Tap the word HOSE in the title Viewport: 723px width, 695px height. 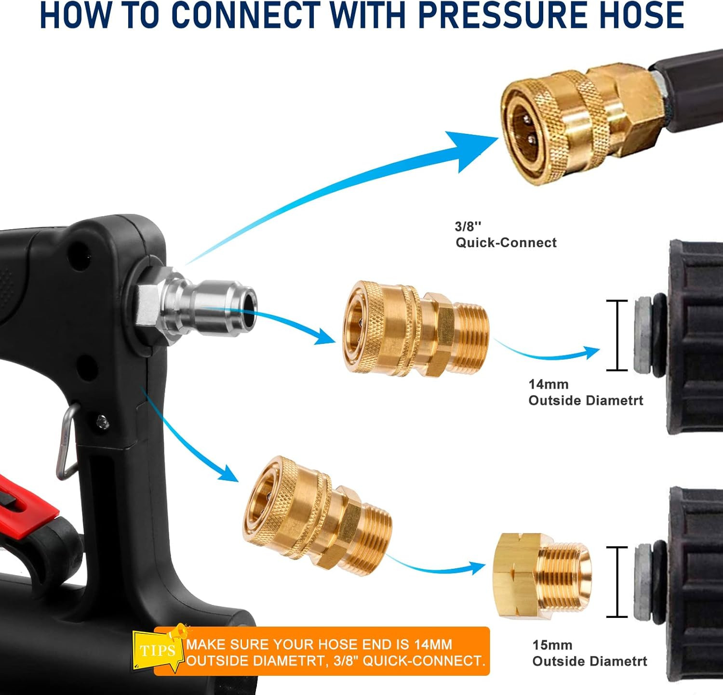click(x=639, y=15)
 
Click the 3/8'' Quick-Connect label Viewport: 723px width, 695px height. click(x=506, y=235)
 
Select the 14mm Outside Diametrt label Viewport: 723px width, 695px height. click(x=585, y=393)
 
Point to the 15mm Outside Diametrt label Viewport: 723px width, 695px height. click(x=589, y=653)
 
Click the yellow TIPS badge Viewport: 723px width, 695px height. click(x=157, y=651)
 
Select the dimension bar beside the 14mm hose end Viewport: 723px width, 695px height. click(x=616, y=336)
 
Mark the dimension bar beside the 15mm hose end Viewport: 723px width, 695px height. click(x=616, y=582)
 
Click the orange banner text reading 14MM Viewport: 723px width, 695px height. click(x=433, y=644)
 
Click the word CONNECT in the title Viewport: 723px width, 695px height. click(x=246, y=15)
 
